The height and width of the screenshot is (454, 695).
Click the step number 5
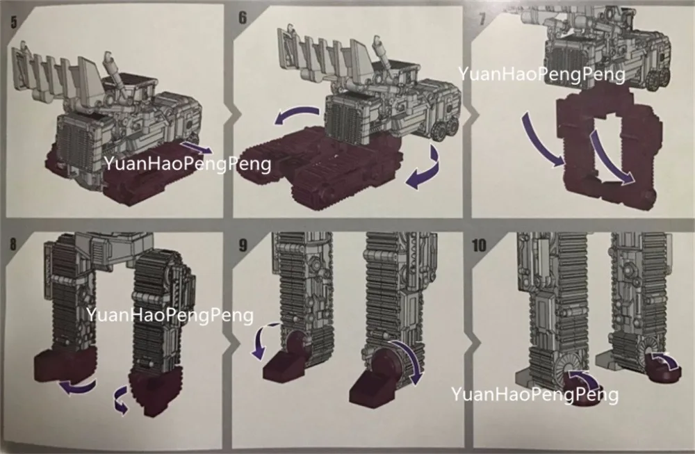coord(13,22)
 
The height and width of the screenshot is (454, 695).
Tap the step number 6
coord(243,18)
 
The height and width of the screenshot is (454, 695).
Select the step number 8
coord(13,244)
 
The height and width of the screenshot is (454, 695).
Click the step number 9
coord(243,245)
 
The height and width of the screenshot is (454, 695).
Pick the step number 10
coord(479,245)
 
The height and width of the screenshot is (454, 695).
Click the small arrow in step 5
coord(197,147)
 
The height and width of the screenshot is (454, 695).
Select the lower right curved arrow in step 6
coord(427,171)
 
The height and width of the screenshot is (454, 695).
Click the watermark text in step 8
coord(170,315)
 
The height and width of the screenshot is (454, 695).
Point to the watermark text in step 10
coord(534,394)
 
